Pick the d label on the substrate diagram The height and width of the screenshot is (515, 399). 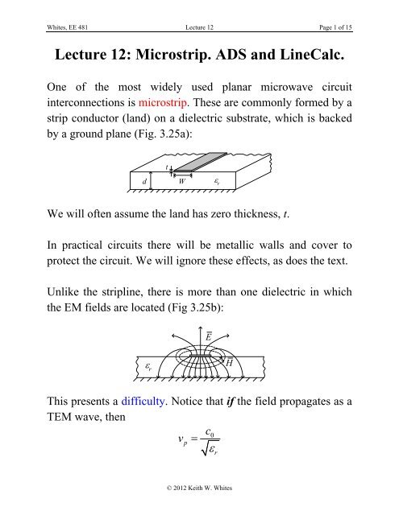[144, 180]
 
